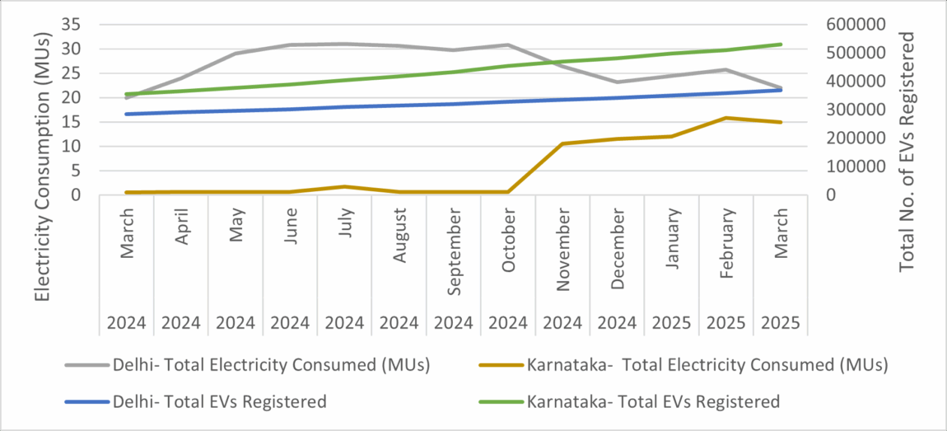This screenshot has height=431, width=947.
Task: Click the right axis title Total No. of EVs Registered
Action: pyautogui.click(x=907, y=152)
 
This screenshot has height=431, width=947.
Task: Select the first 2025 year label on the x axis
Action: pyautogui.click(x=672, y=323)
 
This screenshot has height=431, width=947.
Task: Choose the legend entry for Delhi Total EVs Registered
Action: pyautogui.click(x=219, y=401)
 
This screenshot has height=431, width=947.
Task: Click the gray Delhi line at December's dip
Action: pyautogui.click(x=618, y=82)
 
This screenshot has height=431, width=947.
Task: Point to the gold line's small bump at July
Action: pyautogui.click(x=344, y=186)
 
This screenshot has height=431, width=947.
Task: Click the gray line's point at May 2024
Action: pyautogui.click(x=236, y=54)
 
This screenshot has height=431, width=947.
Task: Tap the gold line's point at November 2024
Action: pyautogui.click(x=562, y=143)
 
